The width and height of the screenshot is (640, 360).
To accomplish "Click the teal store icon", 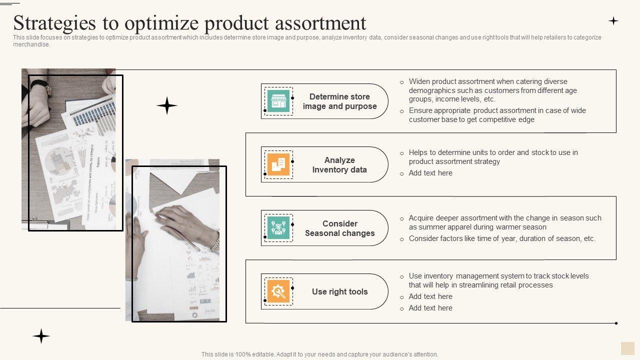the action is point(278,101).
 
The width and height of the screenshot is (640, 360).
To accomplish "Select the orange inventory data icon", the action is point(278,164).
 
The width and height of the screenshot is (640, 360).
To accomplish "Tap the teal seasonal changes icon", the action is point(278,228).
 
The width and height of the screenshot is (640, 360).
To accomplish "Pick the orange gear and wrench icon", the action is point(278,291).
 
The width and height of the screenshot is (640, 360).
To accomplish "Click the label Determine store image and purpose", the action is point(339,101).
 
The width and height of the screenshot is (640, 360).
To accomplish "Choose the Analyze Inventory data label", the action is point(339,165).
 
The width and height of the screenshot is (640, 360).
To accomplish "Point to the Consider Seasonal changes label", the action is point(339,228).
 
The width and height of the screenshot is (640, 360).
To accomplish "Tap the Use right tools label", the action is point(339,291).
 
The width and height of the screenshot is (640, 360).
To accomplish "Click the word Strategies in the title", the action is point(54,23).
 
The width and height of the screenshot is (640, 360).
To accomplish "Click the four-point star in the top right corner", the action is point(613,21).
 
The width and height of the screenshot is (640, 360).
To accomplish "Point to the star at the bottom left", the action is point(41,336).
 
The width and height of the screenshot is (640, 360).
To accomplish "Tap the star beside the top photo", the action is point(167,105).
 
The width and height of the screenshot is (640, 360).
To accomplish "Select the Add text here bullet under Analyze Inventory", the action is point(430,173).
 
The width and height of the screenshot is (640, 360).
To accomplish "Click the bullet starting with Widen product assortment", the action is point(493,90).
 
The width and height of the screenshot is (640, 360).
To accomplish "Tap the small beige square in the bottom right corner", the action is point(627,348).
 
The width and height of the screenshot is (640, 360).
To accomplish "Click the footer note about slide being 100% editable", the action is point(319,354).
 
